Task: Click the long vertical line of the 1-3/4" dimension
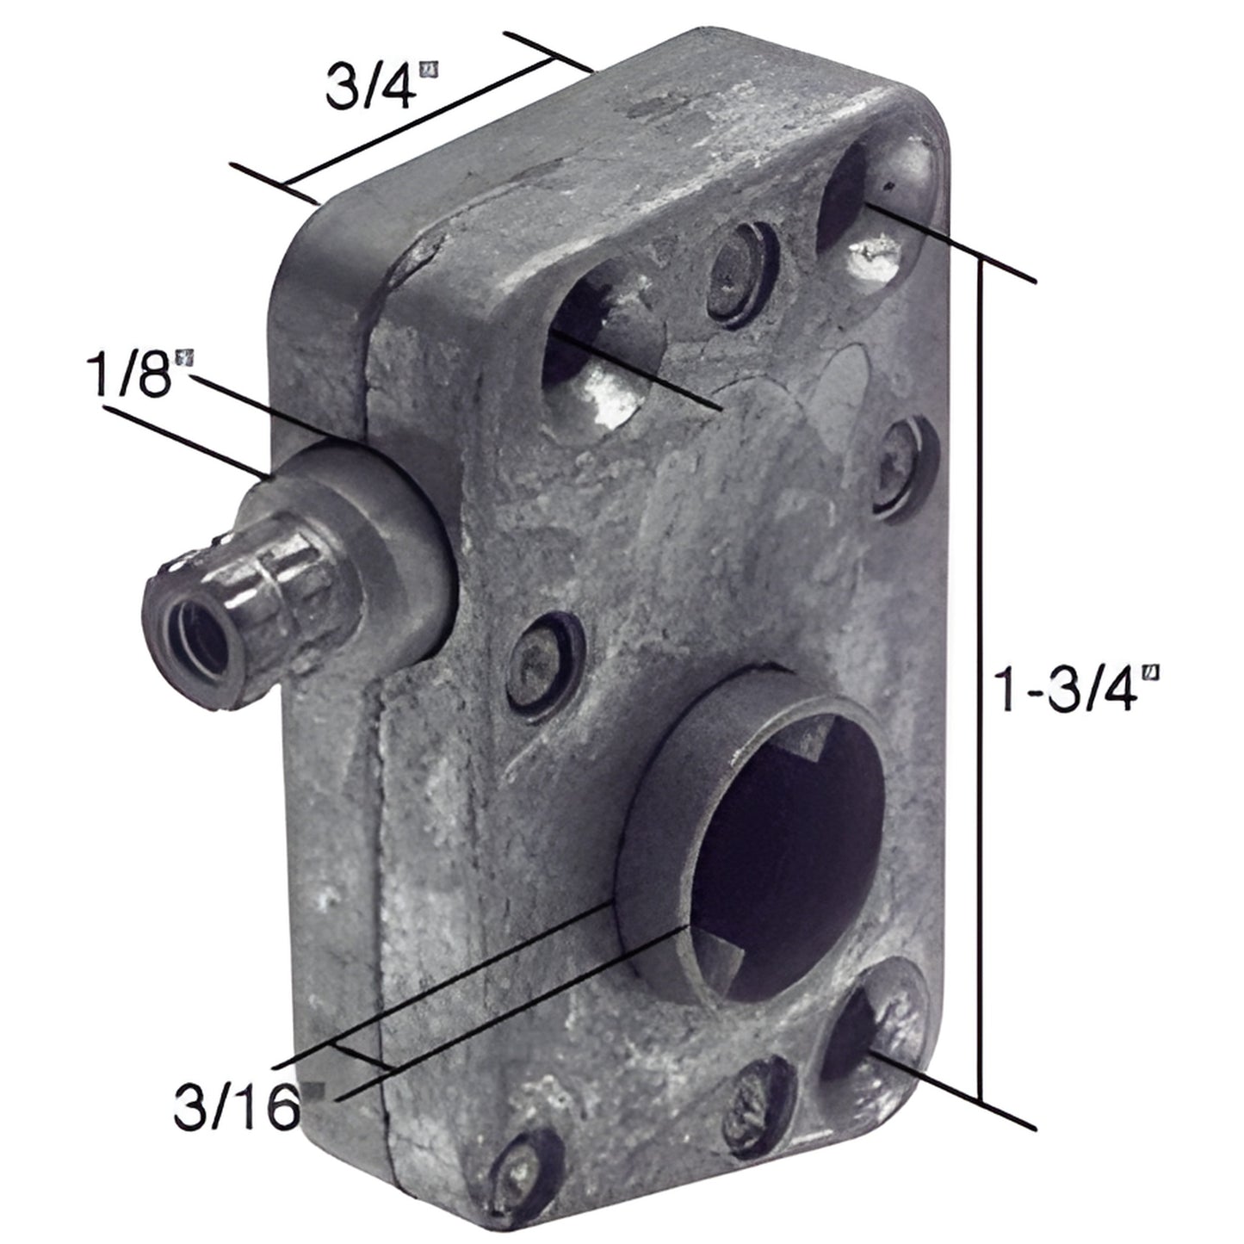(981, 689)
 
